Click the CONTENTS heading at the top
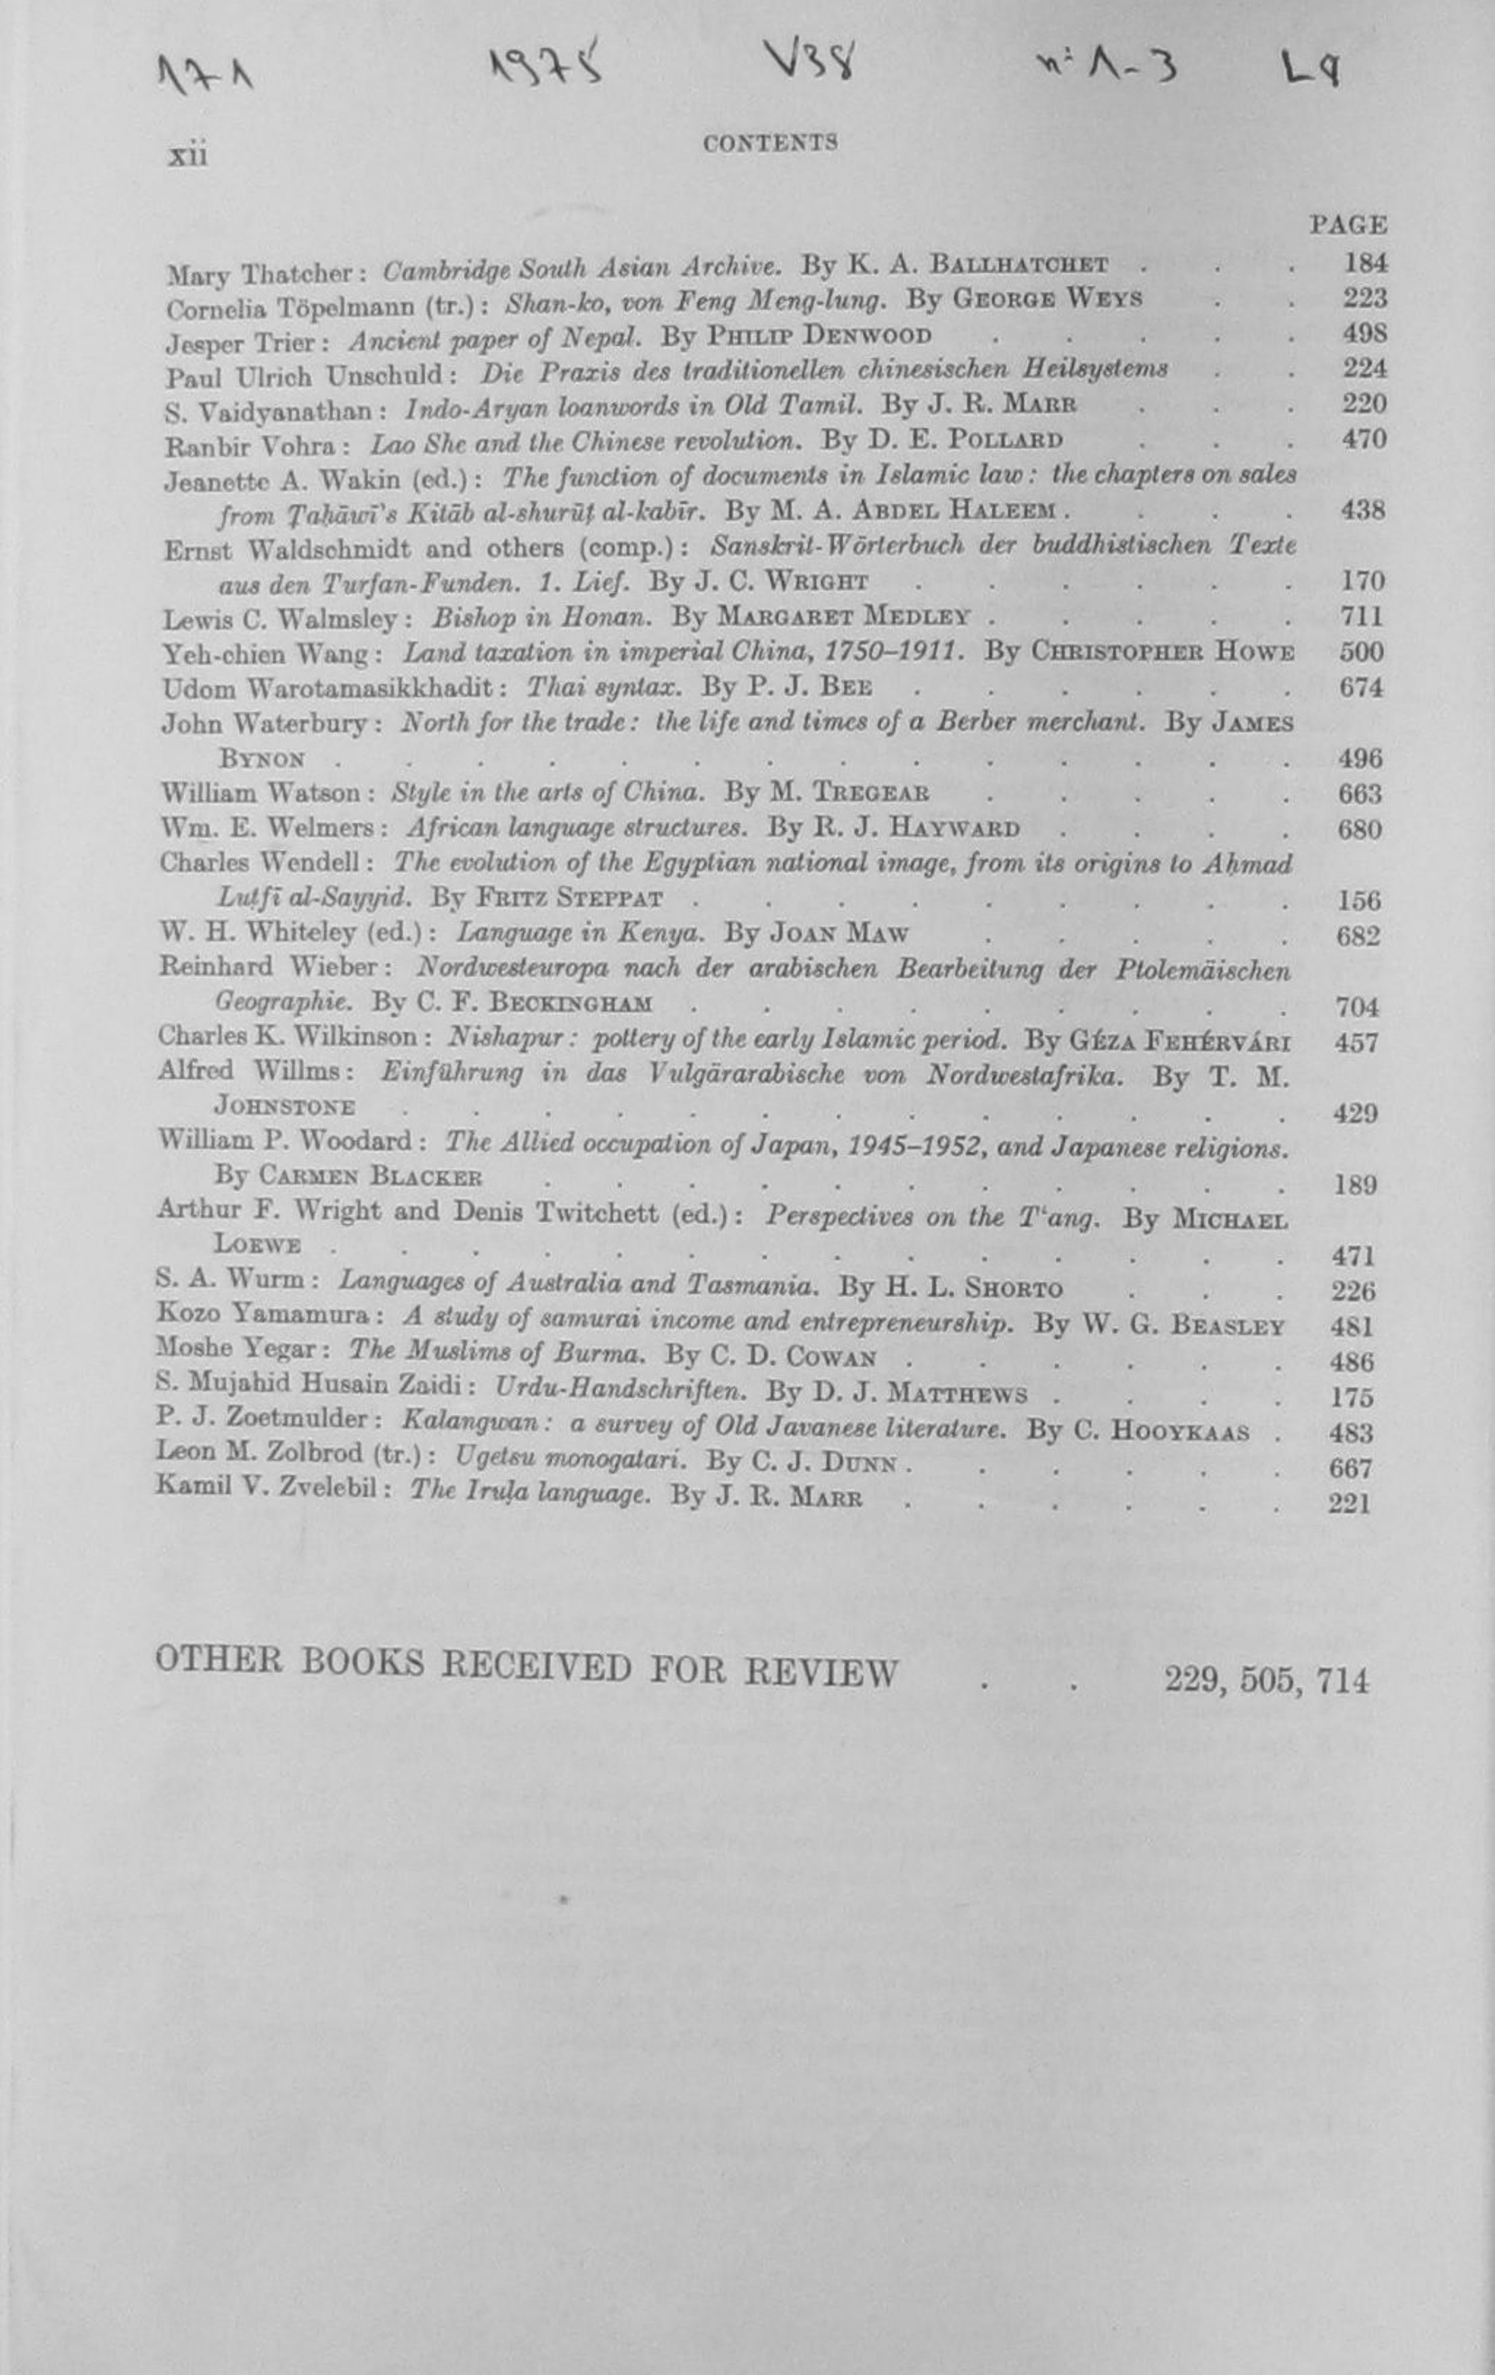(x=770, y=142)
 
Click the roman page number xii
(x=187, y=155)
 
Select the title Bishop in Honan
(x=542, y=617)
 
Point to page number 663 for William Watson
(x=1359, y=794)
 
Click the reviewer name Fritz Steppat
(x=569, y=898)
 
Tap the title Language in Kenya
(x=581, y=933)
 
